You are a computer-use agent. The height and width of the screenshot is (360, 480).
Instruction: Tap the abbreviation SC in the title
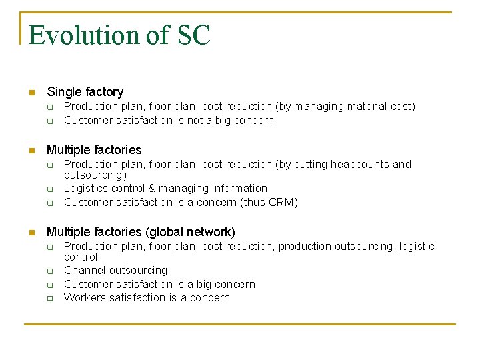pos(193,35)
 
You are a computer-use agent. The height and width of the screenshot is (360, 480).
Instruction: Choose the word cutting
pos(301,165)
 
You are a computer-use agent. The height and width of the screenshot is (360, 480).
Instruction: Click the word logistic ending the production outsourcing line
pos(417,247)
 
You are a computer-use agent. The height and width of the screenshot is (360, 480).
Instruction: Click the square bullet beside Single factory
pos(31,93)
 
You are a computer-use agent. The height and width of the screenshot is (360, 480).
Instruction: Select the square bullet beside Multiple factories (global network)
pos(31,233)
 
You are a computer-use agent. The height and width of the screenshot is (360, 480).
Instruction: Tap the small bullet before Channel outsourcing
pos(49,271)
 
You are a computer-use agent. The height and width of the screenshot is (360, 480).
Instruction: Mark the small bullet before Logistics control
pos(49,189)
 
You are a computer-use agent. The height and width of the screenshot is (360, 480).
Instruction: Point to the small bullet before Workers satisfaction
pos(49,299)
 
